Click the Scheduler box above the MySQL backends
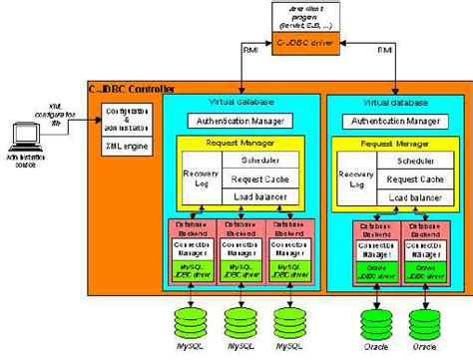pyautogui.click(x=260, y=160)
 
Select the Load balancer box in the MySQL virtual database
pyautogui.click(x=260, y=197)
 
